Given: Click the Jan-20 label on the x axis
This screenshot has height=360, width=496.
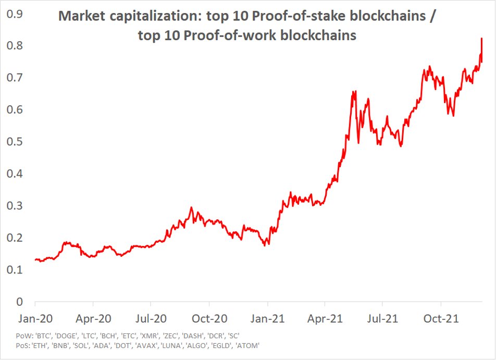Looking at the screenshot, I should point(35,318).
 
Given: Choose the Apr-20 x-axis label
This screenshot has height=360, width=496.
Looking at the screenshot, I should point(93,318).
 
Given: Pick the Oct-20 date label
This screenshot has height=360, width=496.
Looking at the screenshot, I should point(209,318).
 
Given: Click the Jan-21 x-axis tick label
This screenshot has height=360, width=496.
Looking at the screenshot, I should point(267,318).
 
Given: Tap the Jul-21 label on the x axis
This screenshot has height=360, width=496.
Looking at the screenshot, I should point(383,318).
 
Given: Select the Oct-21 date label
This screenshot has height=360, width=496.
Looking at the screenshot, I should point(441,318).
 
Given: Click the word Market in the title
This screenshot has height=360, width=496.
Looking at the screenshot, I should point(80,16).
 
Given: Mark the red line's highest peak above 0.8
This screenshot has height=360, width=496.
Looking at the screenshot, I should point(481,39).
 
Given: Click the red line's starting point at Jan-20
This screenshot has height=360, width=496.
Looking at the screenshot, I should point(35,259).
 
